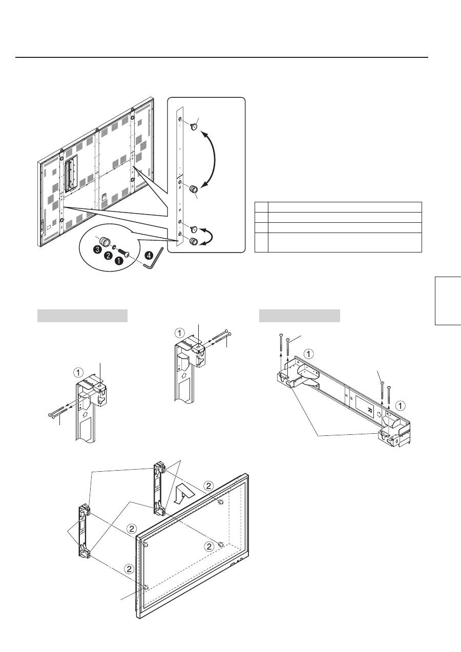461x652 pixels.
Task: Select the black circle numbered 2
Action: (x=109, y=255)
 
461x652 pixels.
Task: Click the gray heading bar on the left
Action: (x=82, y=316)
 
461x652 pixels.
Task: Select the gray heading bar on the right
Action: (x=299, y=316)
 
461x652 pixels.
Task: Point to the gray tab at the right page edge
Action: (x=448, y=301)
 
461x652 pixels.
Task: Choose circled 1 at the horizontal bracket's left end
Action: (x=309, y=353)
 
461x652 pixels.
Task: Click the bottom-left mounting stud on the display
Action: (x=146, y=587)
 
